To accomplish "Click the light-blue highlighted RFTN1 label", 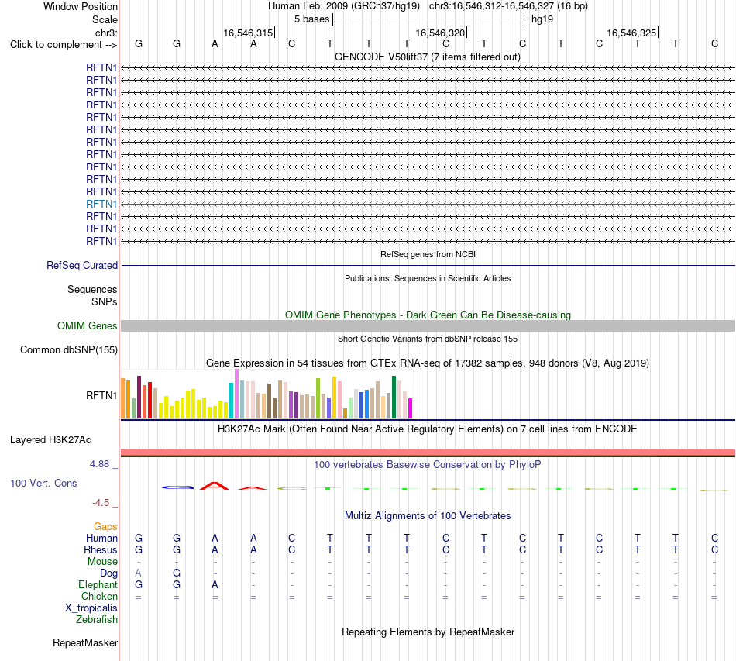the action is (101, 205).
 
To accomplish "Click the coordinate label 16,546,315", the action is (248, 33).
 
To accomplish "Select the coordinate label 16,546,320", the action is (440, 33).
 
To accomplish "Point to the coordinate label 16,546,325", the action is (631, 33).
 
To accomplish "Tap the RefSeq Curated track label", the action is (82, 265).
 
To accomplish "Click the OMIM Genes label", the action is (88, 325).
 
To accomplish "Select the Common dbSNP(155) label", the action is (69, 349).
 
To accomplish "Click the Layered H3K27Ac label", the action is (50, 440).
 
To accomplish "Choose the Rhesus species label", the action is (101, 549).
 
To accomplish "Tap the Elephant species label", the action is (98, 584).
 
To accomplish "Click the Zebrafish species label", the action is (97, 620).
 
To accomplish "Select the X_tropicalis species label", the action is (91, 608).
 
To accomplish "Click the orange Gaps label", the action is (105, 527).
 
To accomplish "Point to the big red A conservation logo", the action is (215, 486).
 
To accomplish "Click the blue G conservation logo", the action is (177, 487).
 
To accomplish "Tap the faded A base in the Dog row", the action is (138, 573).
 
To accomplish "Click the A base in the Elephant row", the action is (215, 584).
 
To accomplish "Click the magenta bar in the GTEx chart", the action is (411, 408).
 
